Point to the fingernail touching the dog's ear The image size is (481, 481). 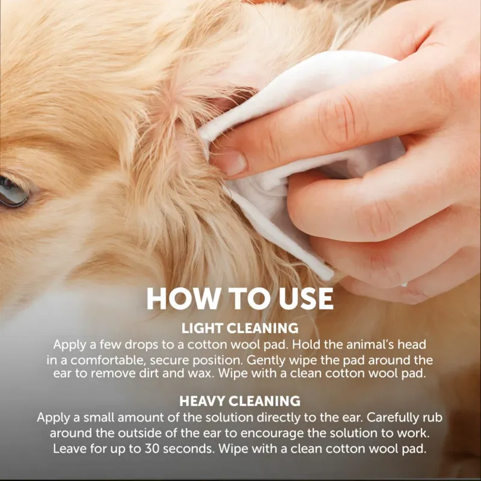pos(230,162)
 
